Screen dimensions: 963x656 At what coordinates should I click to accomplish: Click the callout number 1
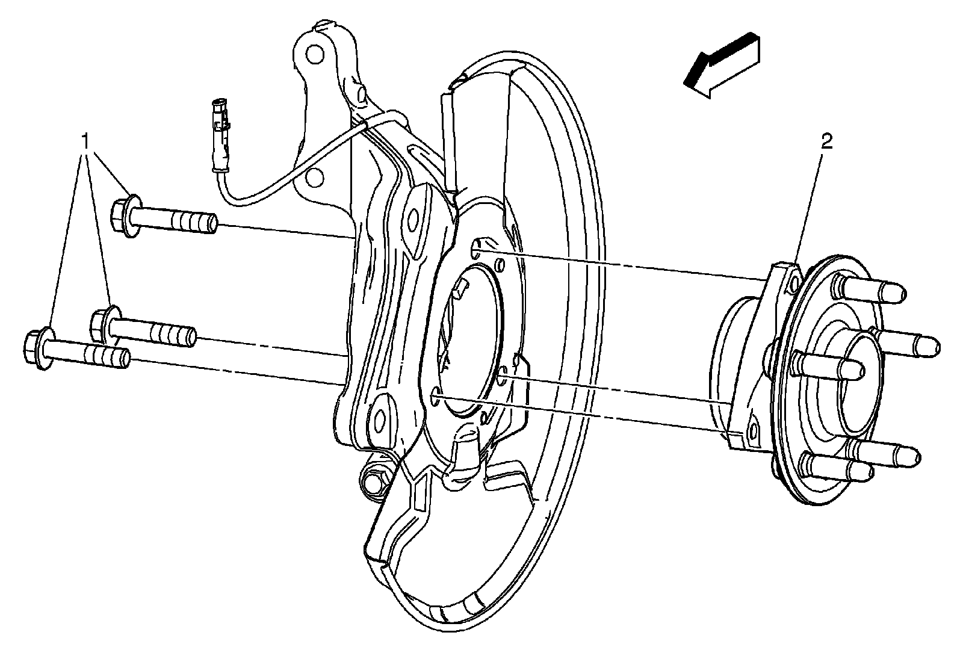point(87,142)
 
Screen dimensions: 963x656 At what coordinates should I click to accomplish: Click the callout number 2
point(826,142)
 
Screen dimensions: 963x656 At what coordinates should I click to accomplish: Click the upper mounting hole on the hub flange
point(793,282)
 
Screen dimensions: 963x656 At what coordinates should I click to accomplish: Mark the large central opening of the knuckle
point(469,337)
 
